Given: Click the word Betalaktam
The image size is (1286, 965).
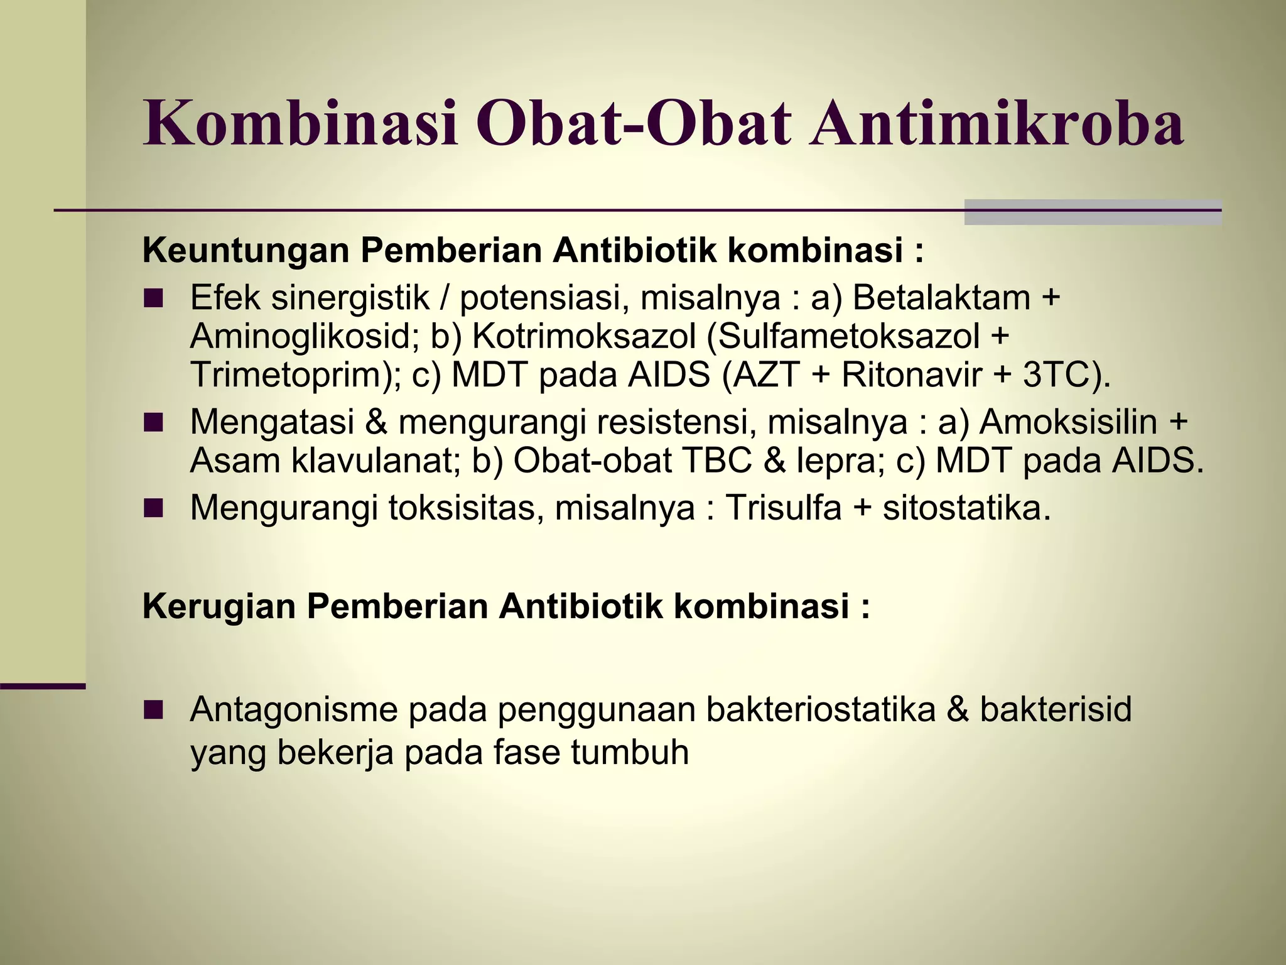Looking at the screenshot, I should coord(941,297).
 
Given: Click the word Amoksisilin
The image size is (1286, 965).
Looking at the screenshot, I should coord(1067,421).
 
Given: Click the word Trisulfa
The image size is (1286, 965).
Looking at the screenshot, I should coord(783,508).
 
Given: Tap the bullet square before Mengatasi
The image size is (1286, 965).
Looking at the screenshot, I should coord(153,422).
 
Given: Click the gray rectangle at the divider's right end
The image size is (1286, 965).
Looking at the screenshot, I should coord(1092,212).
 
